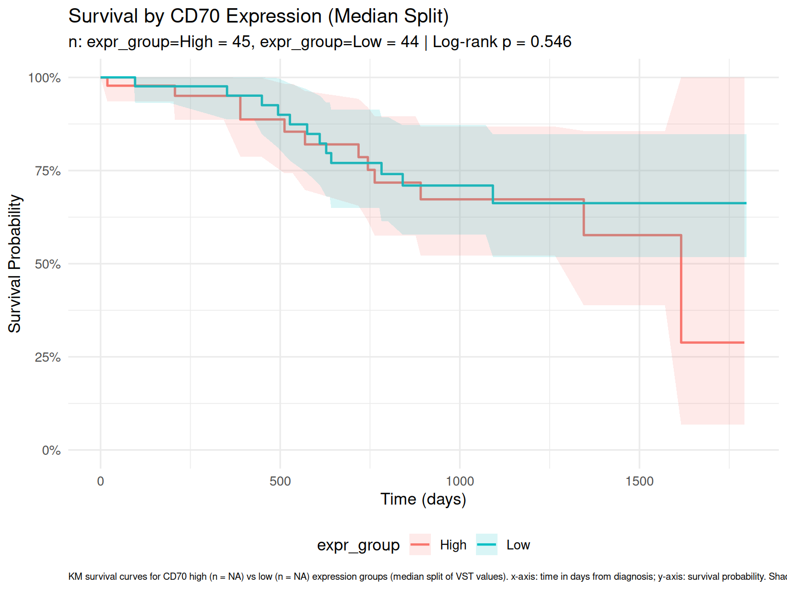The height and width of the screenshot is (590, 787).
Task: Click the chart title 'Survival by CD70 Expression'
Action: tap(258, 16)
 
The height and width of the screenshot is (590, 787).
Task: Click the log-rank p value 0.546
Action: tap(551, 42)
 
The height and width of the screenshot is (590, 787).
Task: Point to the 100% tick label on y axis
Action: tap(45, 78)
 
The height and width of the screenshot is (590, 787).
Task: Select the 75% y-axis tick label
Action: tap(48, 171)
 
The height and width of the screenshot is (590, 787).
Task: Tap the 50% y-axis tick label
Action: tap(48, 264)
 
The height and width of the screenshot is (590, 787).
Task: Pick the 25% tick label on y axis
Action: tap(48, 357)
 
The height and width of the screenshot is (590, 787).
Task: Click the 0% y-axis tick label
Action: tap(51, 451)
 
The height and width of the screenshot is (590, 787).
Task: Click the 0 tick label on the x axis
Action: tap(100, 481)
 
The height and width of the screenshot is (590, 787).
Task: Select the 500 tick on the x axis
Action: tap(280, 481)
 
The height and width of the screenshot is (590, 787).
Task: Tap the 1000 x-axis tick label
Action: tap(460, 481)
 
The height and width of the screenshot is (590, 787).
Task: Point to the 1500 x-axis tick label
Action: tap(639, 481)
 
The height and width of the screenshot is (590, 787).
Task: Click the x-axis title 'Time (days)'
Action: tap(423, 499)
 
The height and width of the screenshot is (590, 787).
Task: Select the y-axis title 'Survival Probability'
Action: tap(15, 264)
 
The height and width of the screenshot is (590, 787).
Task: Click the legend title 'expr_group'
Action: tap(358, 545)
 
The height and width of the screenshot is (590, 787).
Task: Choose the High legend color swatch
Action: tap(420, 545)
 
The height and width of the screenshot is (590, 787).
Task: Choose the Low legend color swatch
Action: tap(487, 545)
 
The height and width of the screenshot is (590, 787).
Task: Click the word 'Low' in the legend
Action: tap(518, 545)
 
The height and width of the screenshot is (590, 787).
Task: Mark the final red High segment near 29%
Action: tap(712, 342)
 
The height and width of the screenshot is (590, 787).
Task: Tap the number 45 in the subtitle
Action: tap(241, 42)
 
